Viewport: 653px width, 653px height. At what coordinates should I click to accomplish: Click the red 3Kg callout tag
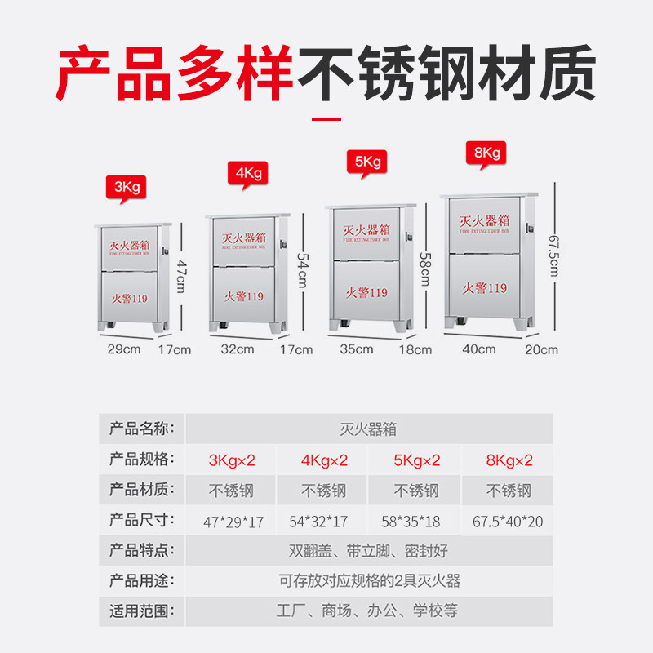[x=127, y=186]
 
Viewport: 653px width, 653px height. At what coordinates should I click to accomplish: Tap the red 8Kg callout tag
[x=486, y=153]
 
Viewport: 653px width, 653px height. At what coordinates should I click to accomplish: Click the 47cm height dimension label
[x=180, y=273]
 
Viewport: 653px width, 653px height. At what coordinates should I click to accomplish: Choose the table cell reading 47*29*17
[x=233, y=522]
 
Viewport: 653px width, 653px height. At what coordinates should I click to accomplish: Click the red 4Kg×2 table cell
[x=325, y=460]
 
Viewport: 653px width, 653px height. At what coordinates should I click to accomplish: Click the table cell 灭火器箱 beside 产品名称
[x=368, y=429]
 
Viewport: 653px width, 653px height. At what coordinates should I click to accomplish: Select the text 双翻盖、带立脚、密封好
[x=368, y=550]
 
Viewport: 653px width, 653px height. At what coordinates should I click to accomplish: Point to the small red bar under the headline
[x=326, y=118]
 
